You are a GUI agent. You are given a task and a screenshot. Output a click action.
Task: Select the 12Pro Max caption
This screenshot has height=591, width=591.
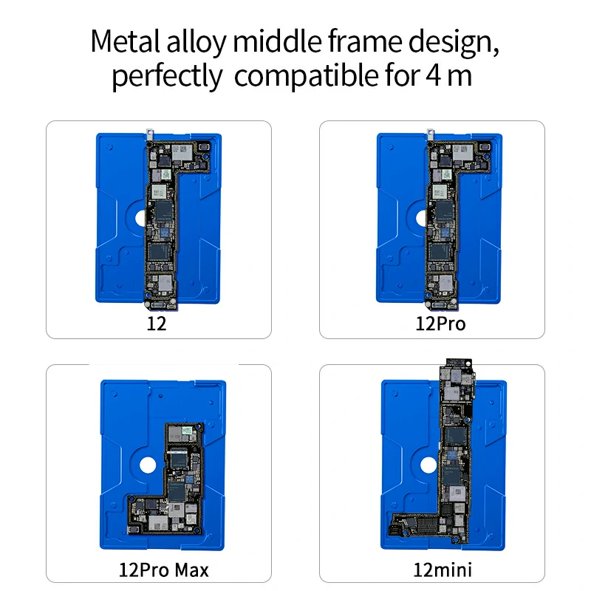[x=163, y=570]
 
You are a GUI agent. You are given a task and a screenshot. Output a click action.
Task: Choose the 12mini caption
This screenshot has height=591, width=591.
[x=443, y=570]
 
